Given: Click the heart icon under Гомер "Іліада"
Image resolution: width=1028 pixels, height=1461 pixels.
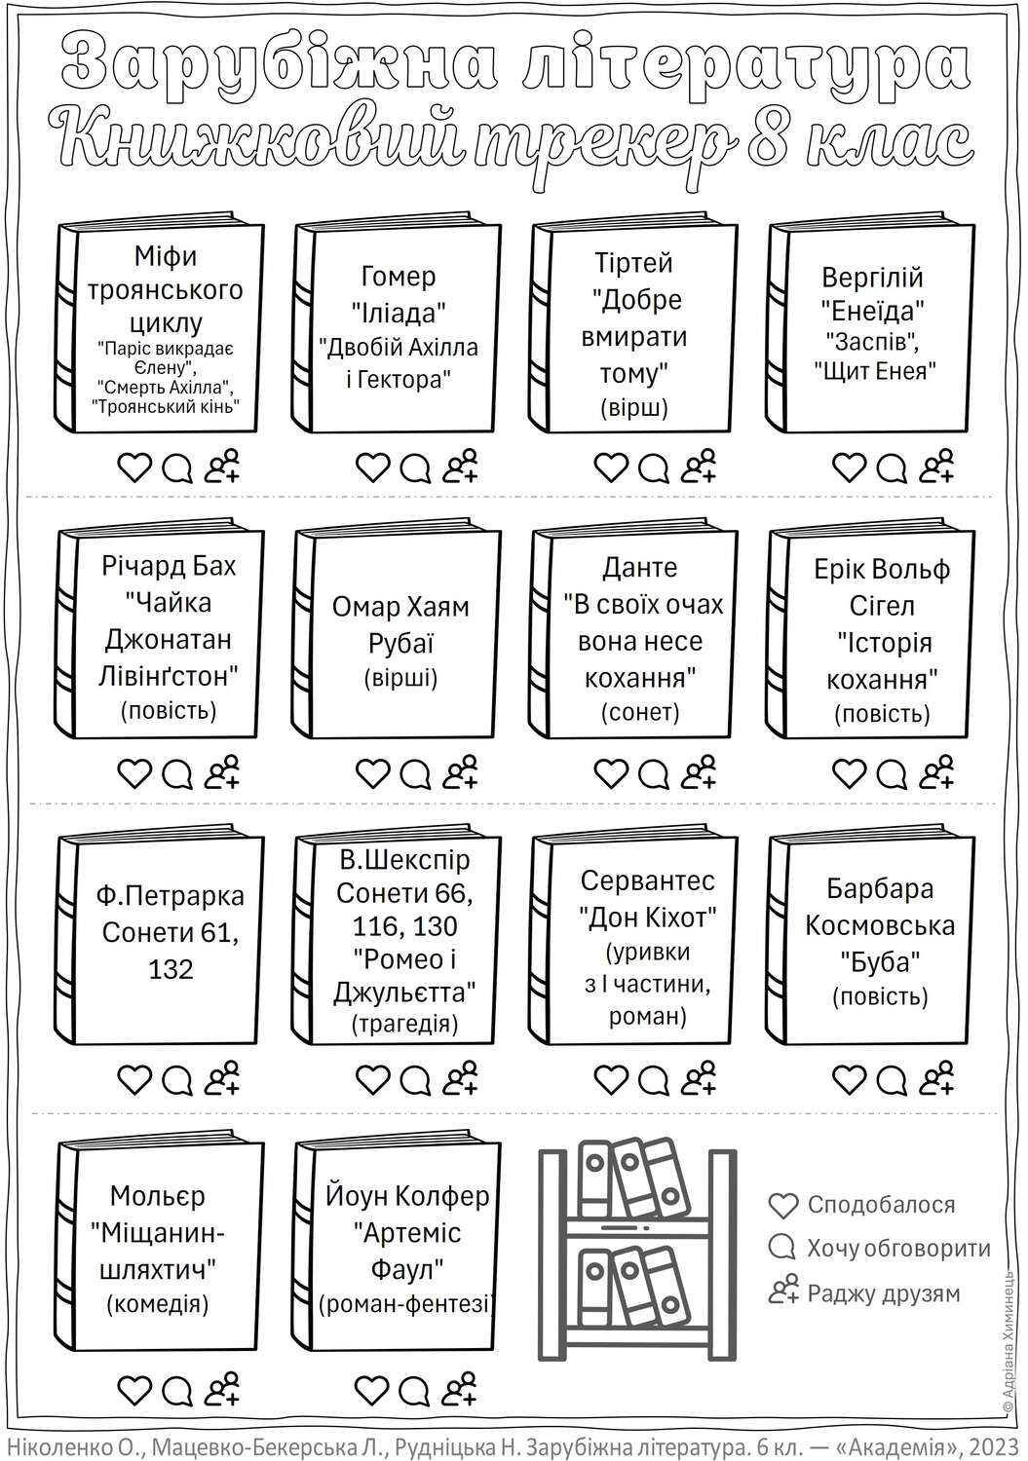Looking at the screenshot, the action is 372,468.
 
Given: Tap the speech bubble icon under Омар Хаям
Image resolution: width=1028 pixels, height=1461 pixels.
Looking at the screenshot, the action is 415,774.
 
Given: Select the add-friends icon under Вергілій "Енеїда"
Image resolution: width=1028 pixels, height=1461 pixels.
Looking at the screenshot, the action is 936,466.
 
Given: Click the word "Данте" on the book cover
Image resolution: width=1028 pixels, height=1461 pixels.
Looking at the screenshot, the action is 639,568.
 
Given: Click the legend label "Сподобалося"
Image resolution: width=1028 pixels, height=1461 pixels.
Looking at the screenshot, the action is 881,1204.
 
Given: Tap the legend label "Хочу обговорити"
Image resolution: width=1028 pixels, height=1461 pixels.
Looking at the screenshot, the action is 898,1249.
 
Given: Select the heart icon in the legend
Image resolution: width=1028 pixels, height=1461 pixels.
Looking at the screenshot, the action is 783,1206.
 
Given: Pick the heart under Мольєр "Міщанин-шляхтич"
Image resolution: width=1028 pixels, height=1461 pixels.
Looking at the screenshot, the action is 135,1390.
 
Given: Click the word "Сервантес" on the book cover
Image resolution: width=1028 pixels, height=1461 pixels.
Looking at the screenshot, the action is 647,880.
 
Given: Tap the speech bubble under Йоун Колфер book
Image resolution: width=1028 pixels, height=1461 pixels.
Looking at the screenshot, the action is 415,1390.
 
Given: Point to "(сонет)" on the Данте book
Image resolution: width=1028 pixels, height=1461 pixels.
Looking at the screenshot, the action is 639,712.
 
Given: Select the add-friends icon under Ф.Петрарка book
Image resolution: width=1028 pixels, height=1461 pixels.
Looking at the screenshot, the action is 222,1078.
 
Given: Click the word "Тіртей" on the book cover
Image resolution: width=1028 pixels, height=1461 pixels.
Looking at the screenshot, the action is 633,262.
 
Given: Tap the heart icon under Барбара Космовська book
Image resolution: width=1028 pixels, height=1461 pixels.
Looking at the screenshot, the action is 849,1081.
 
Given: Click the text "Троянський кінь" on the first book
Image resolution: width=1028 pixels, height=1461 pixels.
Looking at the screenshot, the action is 166,407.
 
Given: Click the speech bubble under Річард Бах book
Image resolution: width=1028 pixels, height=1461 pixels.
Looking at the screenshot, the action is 177,774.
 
